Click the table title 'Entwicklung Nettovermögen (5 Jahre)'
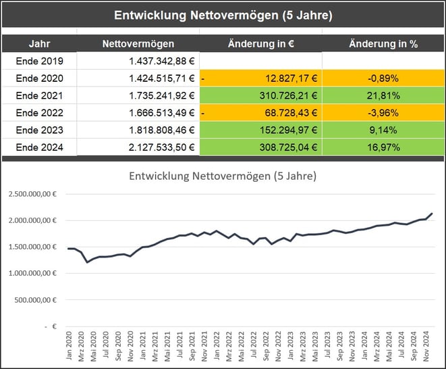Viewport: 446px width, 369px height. tap(223, 15)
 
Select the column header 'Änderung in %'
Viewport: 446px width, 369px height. tap(383, 44)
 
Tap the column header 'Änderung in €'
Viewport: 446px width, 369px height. tap(260, 44)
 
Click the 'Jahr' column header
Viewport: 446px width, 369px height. tap(39, 44)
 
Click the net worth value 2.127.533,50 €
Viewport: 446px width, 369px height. tap(162, 147)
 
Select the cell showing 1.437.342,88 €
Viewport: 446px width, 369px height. tap(162, 61)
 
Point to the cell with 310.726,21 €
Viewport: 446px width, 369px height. tap(283, 95)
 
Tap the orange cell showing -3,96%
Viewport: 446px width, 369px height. tap(383, 112)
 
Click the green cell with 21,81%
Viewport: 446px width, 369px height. tap(383, 95)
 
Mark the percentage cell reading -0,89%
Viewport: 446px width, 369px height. tap(383, 78)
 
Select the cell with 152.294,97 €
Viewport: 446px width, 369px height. tap(283, 130)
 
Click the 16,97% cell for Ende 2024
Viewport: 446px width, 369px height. tap(383, 147)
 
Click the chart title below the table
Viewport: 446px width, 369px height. tap(223, 176)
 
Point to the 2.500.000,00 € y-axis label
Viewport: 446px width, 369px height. tap(33, 194)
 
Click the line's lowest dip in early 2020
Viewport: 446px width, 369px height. tap(87, 262)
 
